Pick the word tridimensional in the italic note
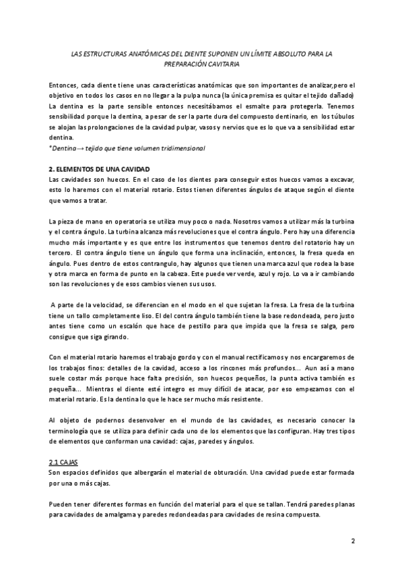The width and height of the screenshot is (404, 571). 183,147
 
